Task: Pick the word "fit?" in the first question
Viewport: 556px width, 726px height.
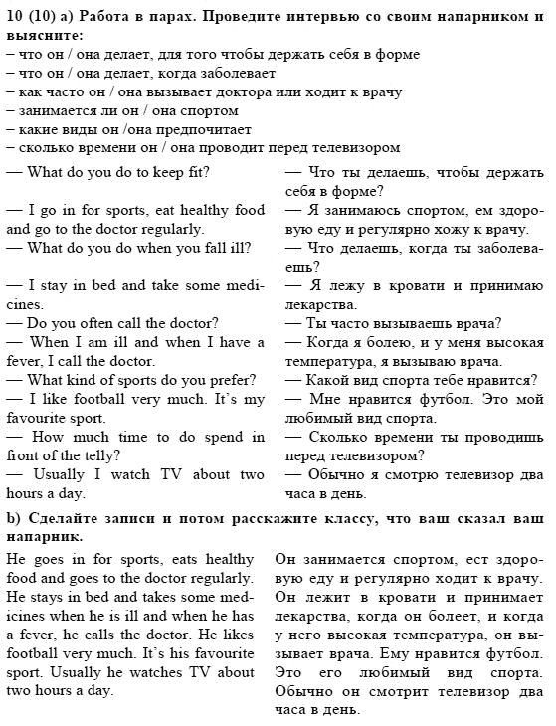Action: click(x=193, y=172)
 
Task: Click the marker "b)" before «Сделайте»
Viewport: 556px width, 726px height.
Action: click(x=14, y=519)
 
